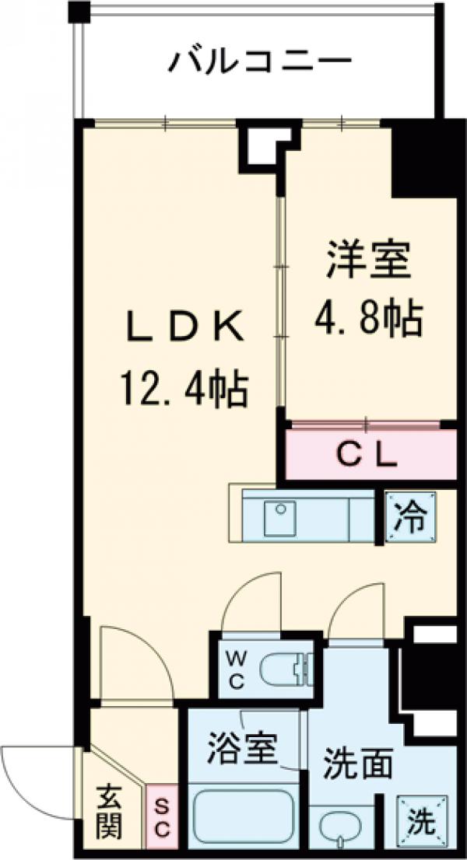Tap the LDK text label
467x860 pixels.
click(185, 329)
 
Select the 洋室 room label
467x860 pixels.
click(369, 260)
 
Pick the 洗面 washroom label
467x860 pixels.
click(358, 764)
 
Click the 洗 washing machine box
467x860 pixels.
click(421, 818)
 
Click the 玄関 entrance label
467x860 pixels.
click(110, 813)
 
